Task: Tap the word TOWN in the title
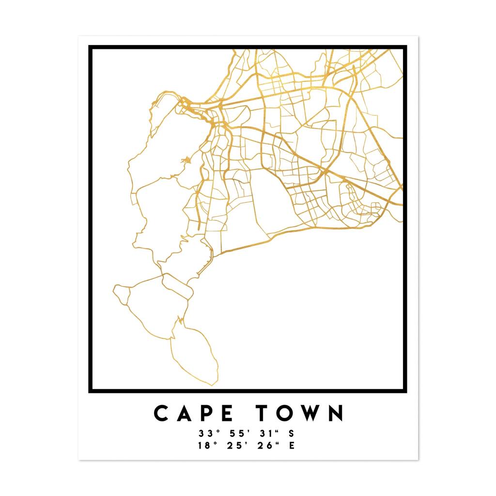point(300,413)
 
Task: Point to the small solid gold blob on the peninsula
point(186,160)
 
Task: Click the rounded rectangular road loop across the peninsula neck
point(177,286)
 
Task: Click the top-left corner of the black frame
point(90,47)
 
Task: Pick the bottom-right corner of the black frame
point(405,391)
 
